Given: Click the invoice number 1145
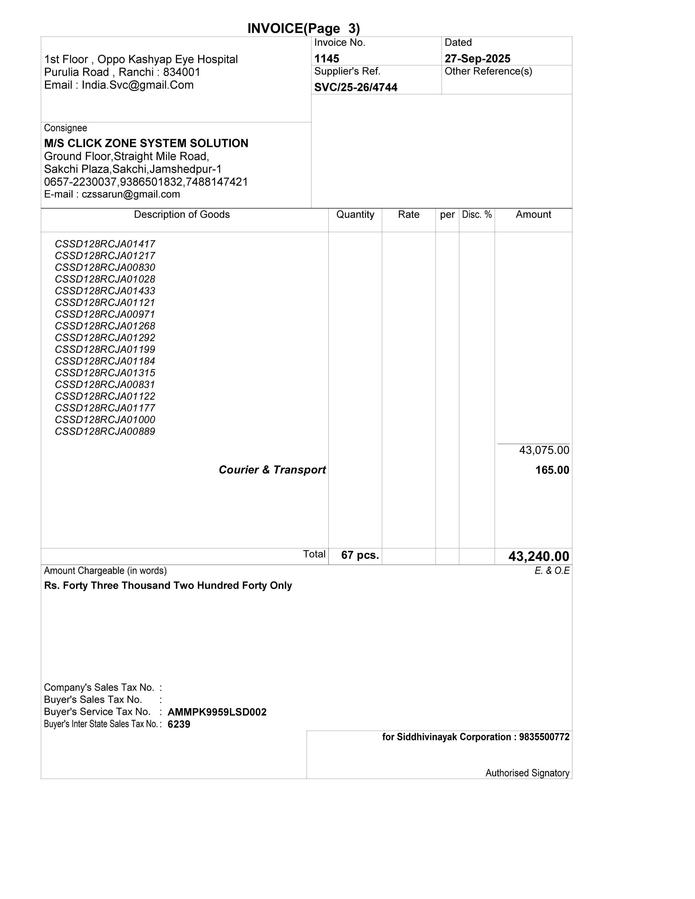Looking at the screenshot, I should click(327, 59).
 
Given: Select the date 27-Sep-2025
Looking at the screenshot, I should click(477, 59).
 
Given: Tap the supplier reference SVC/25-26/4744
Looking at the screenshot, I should click(356, 87).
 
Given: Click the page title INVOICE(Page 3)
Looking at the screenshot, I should click(303, 28).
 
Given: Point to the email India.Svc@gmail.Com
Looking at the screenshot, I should click(138, 85).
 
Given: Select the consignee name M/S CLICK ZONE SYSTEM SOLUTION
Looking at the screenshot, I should click(146, 143).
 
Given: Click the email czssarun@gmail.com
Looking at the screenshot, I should click(131, 194).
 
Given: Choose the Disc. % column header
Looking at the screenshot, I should click(477, 214).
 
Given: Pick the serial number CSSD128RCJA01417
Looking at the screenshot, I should click(105, 244).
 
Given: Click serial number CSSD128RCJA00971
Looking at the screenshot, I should click(105, 314).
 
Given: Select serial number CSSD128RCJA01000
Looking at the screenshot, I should click(105, 420).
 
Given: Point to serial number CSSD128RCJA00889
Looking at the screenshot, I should click(105, 432).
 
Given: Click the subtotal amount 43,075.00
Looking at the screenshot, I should click(544, 450).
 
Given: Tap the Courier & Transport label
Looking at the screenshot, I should click(272, 470).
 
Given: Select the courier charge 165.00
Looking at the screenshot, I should click(552, 470).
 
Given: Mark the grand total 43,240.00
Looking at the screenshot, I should click(539, 557).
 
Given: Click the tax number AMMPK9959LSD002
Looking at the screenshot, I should click(217, 712).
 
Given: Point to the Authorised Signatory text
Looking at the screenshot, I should click(527, 773).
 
